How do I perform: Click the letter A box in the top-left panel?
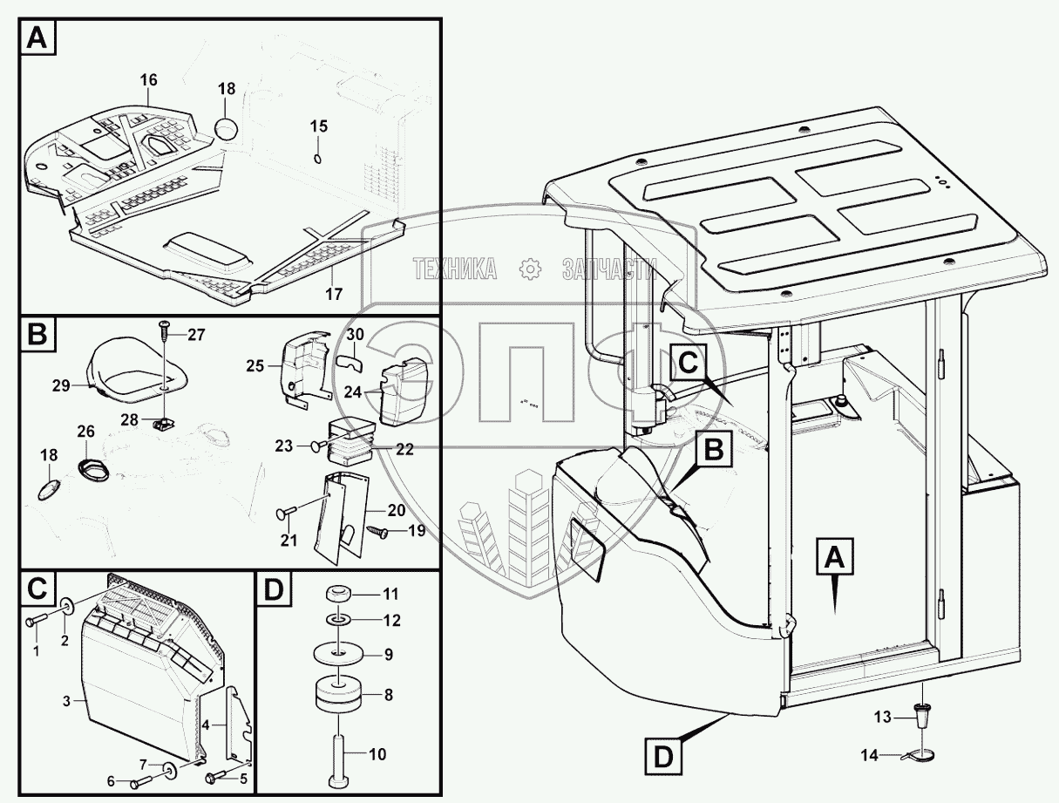(37, 38)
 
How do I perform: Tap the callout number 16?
(148, 80)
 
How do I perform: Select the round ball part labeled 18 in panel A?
(227, 129)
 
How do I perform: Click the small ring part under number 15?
(318, 158)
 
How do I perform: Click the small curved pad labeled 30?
(350, 359)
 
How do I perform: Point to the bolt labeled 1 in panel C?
(32, 620)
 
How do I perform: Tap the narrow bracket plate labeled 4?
(238, 722)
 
